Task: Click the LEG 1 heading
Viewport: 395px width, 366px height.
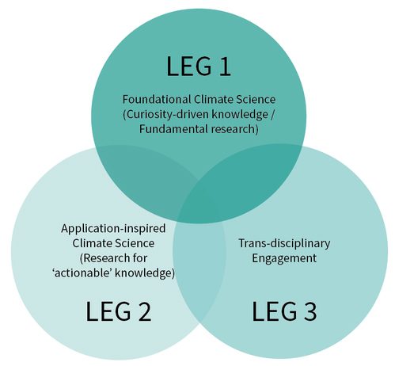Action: (199, 67)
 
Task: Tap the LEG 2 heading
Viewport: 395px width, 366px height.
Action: (119, 311)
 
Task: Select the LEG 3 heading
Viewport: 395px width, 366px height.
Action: (284, 311)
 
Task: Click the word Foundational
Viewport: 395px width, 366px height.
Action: (157, 100)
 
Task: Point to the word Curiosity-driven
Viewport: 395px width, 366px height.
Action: (166, 115)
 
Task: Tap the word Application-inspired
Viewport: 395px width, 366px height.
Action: (113, 229)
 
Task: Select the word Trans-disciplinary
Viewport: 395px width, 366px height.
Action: (284, 243)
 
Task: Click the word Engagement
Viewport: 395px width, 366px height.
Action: (284, 258)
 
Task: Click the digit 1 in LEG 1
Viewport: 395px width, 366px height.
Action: (224, 67)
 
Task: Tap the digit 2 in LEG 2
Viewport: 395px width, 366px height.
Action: (145, 311)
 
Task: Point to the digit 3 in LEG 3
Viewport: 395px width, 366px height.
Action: (310, 311)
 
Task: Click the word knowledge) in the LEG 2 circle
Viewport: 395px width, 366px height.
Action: (145, 273)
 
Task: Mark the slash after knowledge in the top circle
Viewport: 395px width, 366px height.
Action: (272, 115)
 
